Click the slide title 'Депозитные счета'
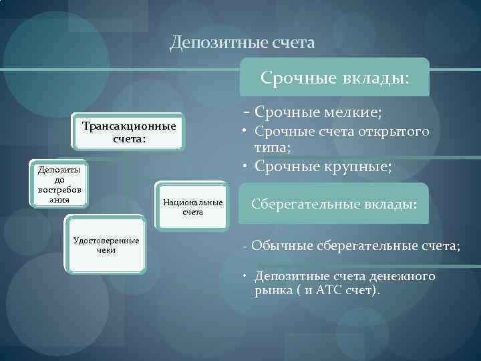(241, 43)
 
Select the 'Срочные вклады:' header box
(335, 78)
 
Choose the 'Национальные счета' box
(193, 207)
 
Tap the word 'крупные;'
(358, 166)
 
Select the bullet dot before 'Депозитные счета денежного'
(246, 276)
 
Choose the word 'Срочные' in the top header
(290, 78)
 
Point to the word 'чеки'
(107, 250)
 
